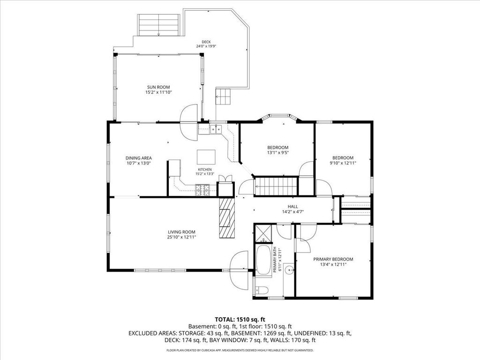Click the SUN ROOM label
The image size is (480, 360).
coord(158,87)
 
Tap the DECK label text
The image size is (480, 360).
coord(206,42)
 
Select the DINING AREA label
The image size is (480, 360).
coord(139,158)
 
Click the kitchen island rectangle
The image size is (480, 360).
coord(206,157)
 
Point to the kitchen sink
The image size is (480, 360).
coord(216,129)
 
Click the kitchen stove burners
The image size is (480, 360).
coord(202,190)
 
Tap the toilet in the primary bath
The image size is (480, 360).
coord(261,290)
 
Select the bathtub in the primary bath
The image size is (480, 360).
coord(263,260)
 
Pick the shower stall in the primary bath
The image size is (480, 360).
coord(263,233)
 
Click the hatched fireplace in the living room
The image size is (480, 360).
coord(227,217)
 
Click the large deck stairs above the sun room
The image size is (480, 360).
coord(158,25)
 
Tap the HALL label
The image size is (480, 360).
coord(292,207)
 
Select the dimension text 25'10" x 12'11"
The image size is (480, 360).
coord(181,237)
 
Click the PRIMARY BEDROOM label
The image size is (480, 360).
coord(333,259)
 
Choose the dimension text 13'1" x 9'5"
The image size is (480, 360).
coord(278,152)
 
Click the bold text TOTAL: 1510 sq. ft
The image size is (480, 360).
coord(240,320)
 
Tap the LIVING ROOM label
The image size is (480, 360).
coord(181,232)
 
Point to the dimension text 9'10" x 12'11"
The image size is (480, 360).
coord(343,163)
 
